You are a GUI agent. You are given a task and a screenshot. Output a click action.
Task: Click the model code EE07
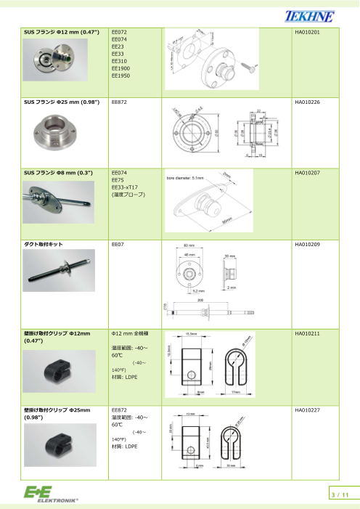(117, 244)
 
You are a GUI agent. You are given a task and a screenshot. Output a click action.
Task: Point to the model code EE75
(117, 180)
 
